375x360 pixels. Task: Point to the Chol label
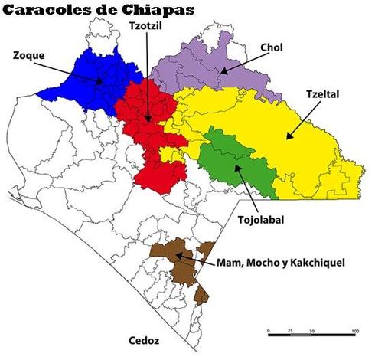tap(272, 47)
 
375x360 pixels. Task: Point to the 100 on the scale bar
tap(355, 330)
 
